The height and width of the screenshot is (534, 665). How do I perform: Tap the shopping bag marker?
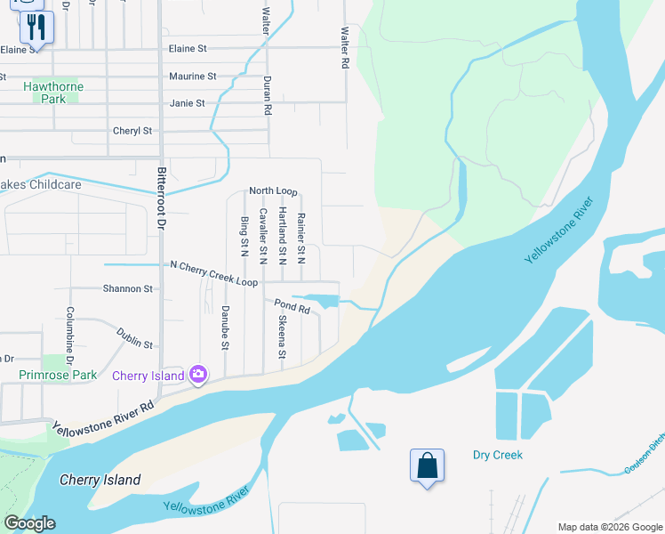pyautogui.click(x=427, y=465)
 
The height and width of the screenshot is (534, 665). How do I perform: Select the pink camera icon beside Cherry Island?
pyautogui.click(x=197, y=376)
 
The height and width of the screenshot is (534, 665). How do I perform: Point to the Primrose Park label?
pyautogui.click(x=58, y=376)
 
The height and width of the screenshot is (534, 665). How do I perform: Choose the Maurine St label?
pyautogui.click(x=192, y=77)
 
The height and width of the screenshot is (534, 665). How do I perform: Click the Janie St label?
pyautogui.click(x=187, y=103)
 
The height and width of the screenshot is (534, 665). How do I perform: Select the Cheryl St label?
pyautogui.click(x=132, y=131)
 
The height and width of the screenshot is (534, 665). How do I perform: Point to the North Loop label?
pyautogui.click(x=273, y=191)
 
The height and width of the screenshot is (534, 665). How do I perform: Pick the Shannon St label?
pyautogui.click(x=128, y=289)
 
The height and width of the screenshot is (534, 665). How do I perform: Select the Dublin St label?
pyautogui.click(x=134, y=337)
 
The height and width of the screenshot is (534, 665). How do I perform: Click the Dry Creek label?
pyautogui.click(x=497, y=455)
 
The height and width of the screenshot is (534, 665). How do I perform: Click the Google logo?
pyautogui.click(x=29, y=523)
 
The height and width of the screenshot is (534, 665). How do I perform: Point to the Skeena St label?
pyautogui.click(x=282, y=336)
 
